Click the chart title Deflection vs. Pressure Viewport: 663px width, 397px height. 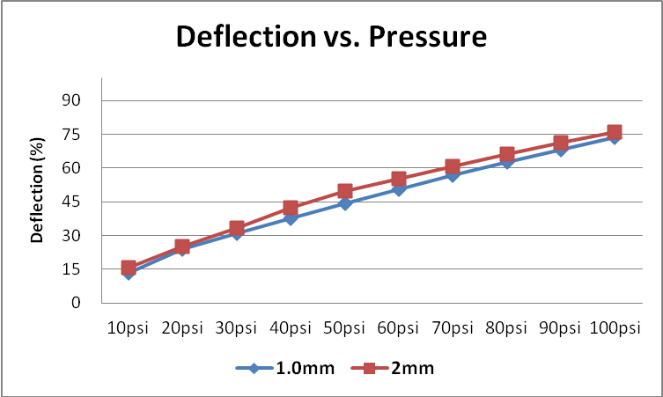pyautogui.click(x=331, y=37)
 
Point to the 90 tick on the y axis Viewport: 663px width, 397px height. pyautogui.click(x=70, y=100)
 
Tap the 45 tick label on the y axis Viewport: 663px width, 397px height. pyautogui.click(x=70, y=202)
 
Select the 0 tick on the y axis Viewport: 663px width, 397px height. pyautogui.click(x=77, y=303)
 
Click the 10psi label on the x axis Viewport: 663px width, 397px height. pyautogui.click(x=129, y=328)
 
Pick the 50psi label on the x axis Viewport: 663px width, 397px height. pyautogui.click(x=344, y=328)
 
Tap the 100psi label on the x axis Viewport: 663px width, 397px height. pyautogui.click(x=615, y=328)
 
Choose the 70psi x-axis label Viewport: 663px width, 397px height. pyautogui.click(x=453, y=328)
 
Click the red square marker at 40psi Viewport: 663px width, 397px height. pyautogui.click(x=291, y=209)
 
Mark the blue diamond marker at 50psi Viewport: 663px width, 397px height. pyautogui.click(x=345, y=203)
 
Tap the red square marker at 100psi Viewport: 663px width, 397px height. pyautogui.click(x=615, y=133)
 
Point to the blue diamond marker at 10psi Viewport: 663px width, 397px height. pyautogui.click(x=129, y=273)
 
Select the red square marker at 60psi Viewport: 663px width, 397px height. pyautogui.click(x=399, y=180)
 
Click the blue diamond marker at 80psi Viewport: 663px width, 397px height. pyautogui.click(x=507, y=162)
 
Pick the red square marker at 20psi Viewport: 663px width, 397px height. pyautogui.click(x=182, y=247)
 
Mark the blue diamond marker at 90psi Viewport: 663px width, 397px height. pyautogui.click(x=561, y=150)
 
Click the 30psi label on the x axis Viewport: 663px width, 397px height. pyautogui.click(x=236, y=328)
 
